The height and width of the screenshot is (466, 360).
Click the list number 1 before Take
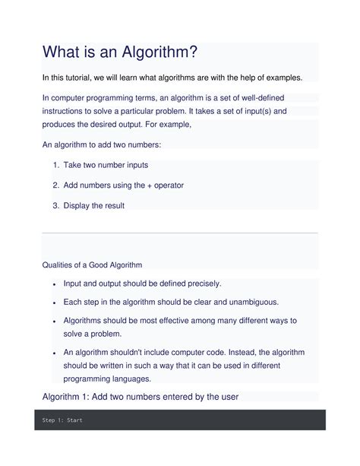click(x=55, y=165)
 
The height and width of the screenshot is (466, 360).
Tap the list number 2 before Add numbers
click(x=55, y=185)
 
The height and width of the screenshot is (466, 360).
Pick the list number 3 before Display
click(x=55, y=205)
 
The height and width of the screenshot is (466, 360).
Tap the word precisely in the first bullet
click(x=197, y=284)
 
